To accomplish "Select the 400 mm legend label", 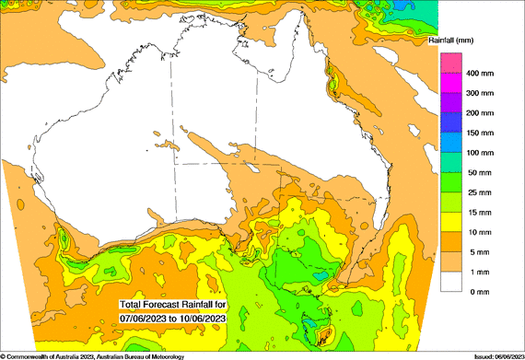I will pos(482,73).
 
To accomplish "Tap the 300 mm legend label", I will pos(482,93).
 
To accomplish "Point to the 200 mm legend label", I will pos(482,112).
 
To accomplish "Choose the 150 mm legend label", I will pos(482,133).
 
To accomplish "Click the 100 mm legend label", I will pos(482,152).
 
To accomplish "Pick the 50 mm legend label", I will pos(480,172).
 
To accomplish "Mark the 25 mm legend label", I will pos(480,192).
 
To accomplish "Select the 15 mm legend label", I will pos(480,212).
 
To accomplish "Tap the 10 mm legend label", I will pos(480,232).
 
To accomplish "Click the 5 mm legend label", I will pos(478,251).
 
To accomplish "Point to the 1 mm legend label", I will pos(478,272).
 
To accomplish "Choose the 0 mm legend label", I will pos(478,291).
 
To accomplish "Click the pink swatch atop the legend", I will pos(450,63).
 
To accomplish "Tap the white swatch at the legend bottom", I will pos(450,282).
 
